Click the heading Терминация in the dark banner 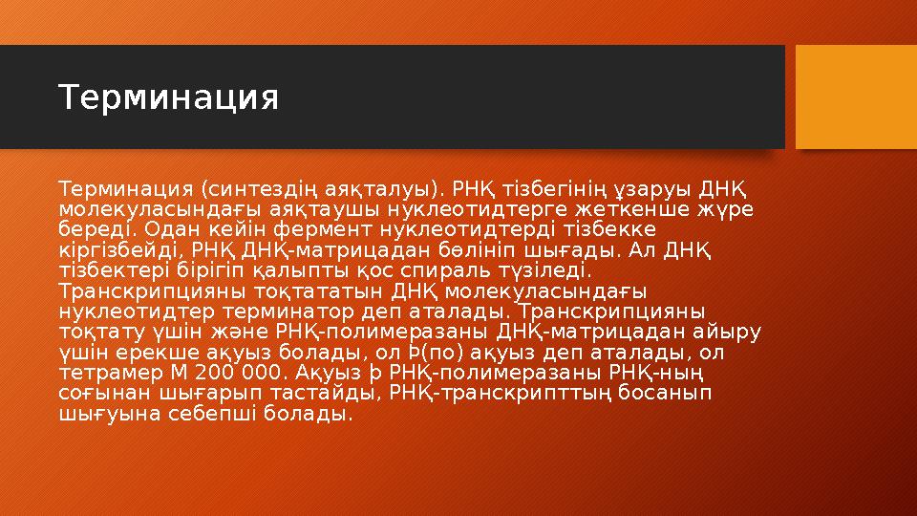click(169, 97)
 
